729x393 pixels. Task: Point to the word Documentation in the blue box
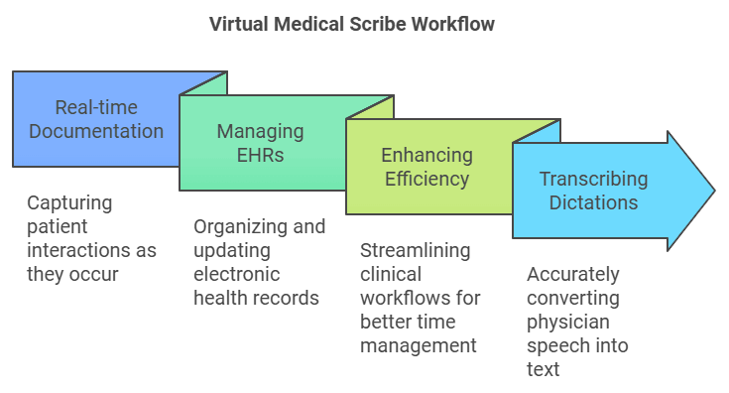[96, 131]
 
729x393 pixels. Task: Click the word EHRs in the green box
[261, 155]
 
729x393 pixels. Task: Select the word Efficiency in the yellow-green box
[426, 179]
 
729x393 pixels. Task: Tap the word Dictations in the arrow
[593, 202]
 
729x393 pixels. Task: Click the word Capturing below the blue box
[69, 203]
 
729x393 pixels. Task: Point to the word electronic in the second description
[237, 274]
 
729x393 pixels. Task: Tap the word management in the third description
[418, 345]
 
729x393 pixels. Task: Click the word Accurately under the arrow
[572, 274]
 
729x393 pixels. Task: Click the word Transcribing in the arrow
[593, 180]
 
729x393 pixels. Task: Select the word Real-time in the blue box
[96, 107]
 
